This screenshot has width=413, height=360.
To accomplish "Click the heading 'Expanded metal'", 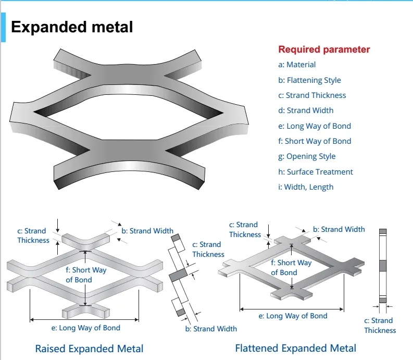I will [x=72, y=27].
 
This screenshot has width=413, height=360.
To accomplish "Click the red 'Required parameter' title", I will [x=324, y=49].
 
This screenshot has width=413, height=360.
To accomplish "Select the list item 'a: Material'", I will [x=297, y=65].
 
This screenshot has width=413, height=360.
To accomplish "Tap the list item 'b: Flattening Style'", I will [x=309, y=80].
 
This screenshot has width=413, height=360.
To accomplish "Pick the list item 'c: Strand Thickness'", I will [x=312, y=95].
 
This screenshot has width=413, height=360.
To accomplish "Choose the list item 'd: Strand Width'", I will [x=306, y=110].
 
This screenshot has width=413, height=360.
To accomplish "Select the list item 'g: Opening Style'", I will [x=307, y=156].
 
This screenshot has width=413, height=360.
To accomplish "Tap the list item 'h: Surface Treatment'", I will [x=316, y=172].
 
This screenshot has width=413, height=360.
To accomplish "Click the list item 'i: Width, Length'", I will [x=306, y=187].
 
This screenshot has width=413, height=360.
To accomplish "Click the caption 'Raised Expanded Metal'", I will [x=89, y=349].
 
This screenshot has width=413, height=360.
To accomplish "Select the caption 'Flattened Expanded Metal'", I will [x=296, y=349].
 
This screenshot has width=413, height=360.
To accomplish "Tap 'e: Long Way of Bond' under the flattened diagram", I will [x=293, y=316].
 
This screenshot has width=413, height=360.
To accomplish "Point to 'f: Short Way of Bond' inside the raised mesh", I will [x=86, y=275].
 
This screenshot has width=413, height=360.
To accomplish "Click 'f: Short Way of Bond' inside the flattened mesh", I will [x=291, y=267].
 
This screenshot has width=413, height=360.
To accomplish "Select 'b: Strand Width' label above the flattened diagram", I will [x=339, y=229].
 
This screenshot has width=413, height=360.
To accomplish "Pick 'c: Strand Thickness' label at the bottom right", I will [x=380, y=325].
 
